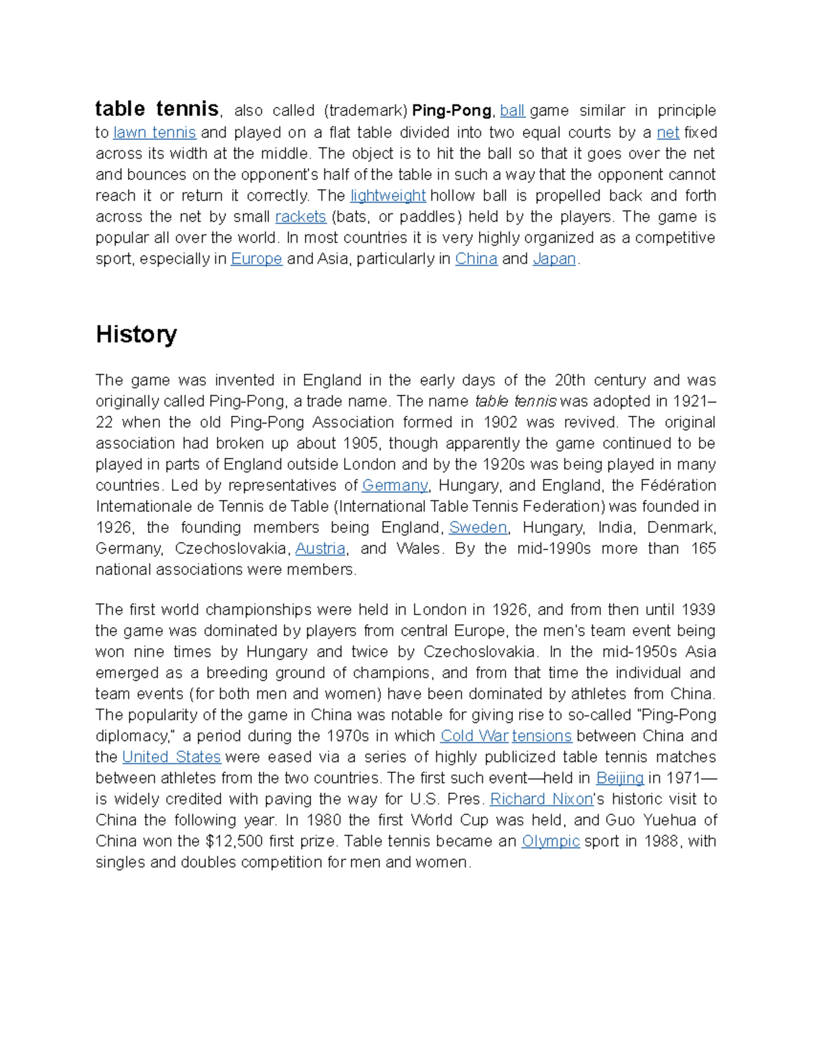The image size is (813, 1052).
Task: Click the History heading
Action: pos(136,334)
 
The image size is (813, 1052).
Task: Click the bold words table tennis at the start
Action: pos(157,109)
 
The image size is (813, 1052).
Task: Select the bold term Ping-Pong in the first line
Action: pos(451,110)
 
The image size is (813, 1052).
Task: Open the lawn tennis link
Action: pos(154,132)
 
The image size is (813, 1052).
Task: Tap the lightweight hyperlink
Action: pos(388,196)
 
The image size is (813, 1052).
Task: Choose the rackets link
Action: pos(301,217)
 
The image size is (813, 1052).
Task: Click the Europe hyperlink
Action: pos(256,259)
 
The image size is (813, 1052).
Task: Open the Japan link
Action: pos(554,259)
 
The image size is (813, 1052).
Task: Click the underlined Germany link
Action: pos(395,485)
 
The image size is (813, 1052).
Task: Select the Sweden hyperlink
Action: pos(478,527)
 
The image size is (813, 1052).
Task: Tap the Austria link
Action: pos(320,548)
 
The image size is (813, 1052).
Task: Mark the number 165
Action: pos(703,548)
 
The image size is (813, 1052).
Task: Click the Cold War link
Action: pos(474,736)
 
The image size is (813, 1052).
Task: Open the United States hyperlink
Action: pos(171,757)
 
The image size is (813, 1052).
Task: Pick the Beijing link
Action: pos(619,778)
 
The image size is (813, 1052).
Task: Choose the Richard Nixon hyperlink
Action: pos(541,799)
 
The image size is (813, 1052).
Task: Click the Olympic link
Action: pos(550,841)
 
